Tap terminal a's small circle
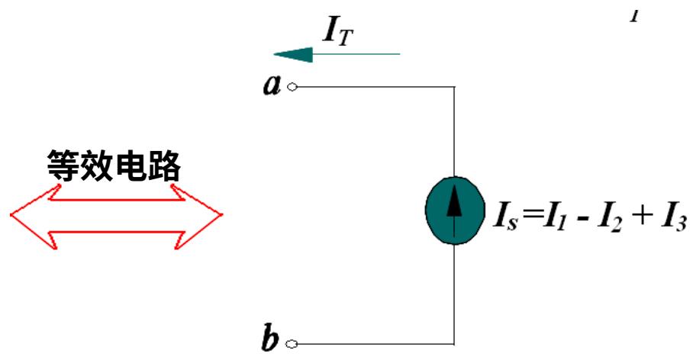pos(290,87)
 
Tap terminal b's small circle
pos(290,343)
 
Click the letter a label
pos(271,85)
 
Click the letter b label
pos(271,339)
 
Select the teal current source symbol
pos(455,211)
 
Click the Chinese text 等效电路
pos(113,164)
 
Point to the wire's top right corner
pos(455,87)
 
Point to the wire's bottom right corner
pos(455,343)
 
